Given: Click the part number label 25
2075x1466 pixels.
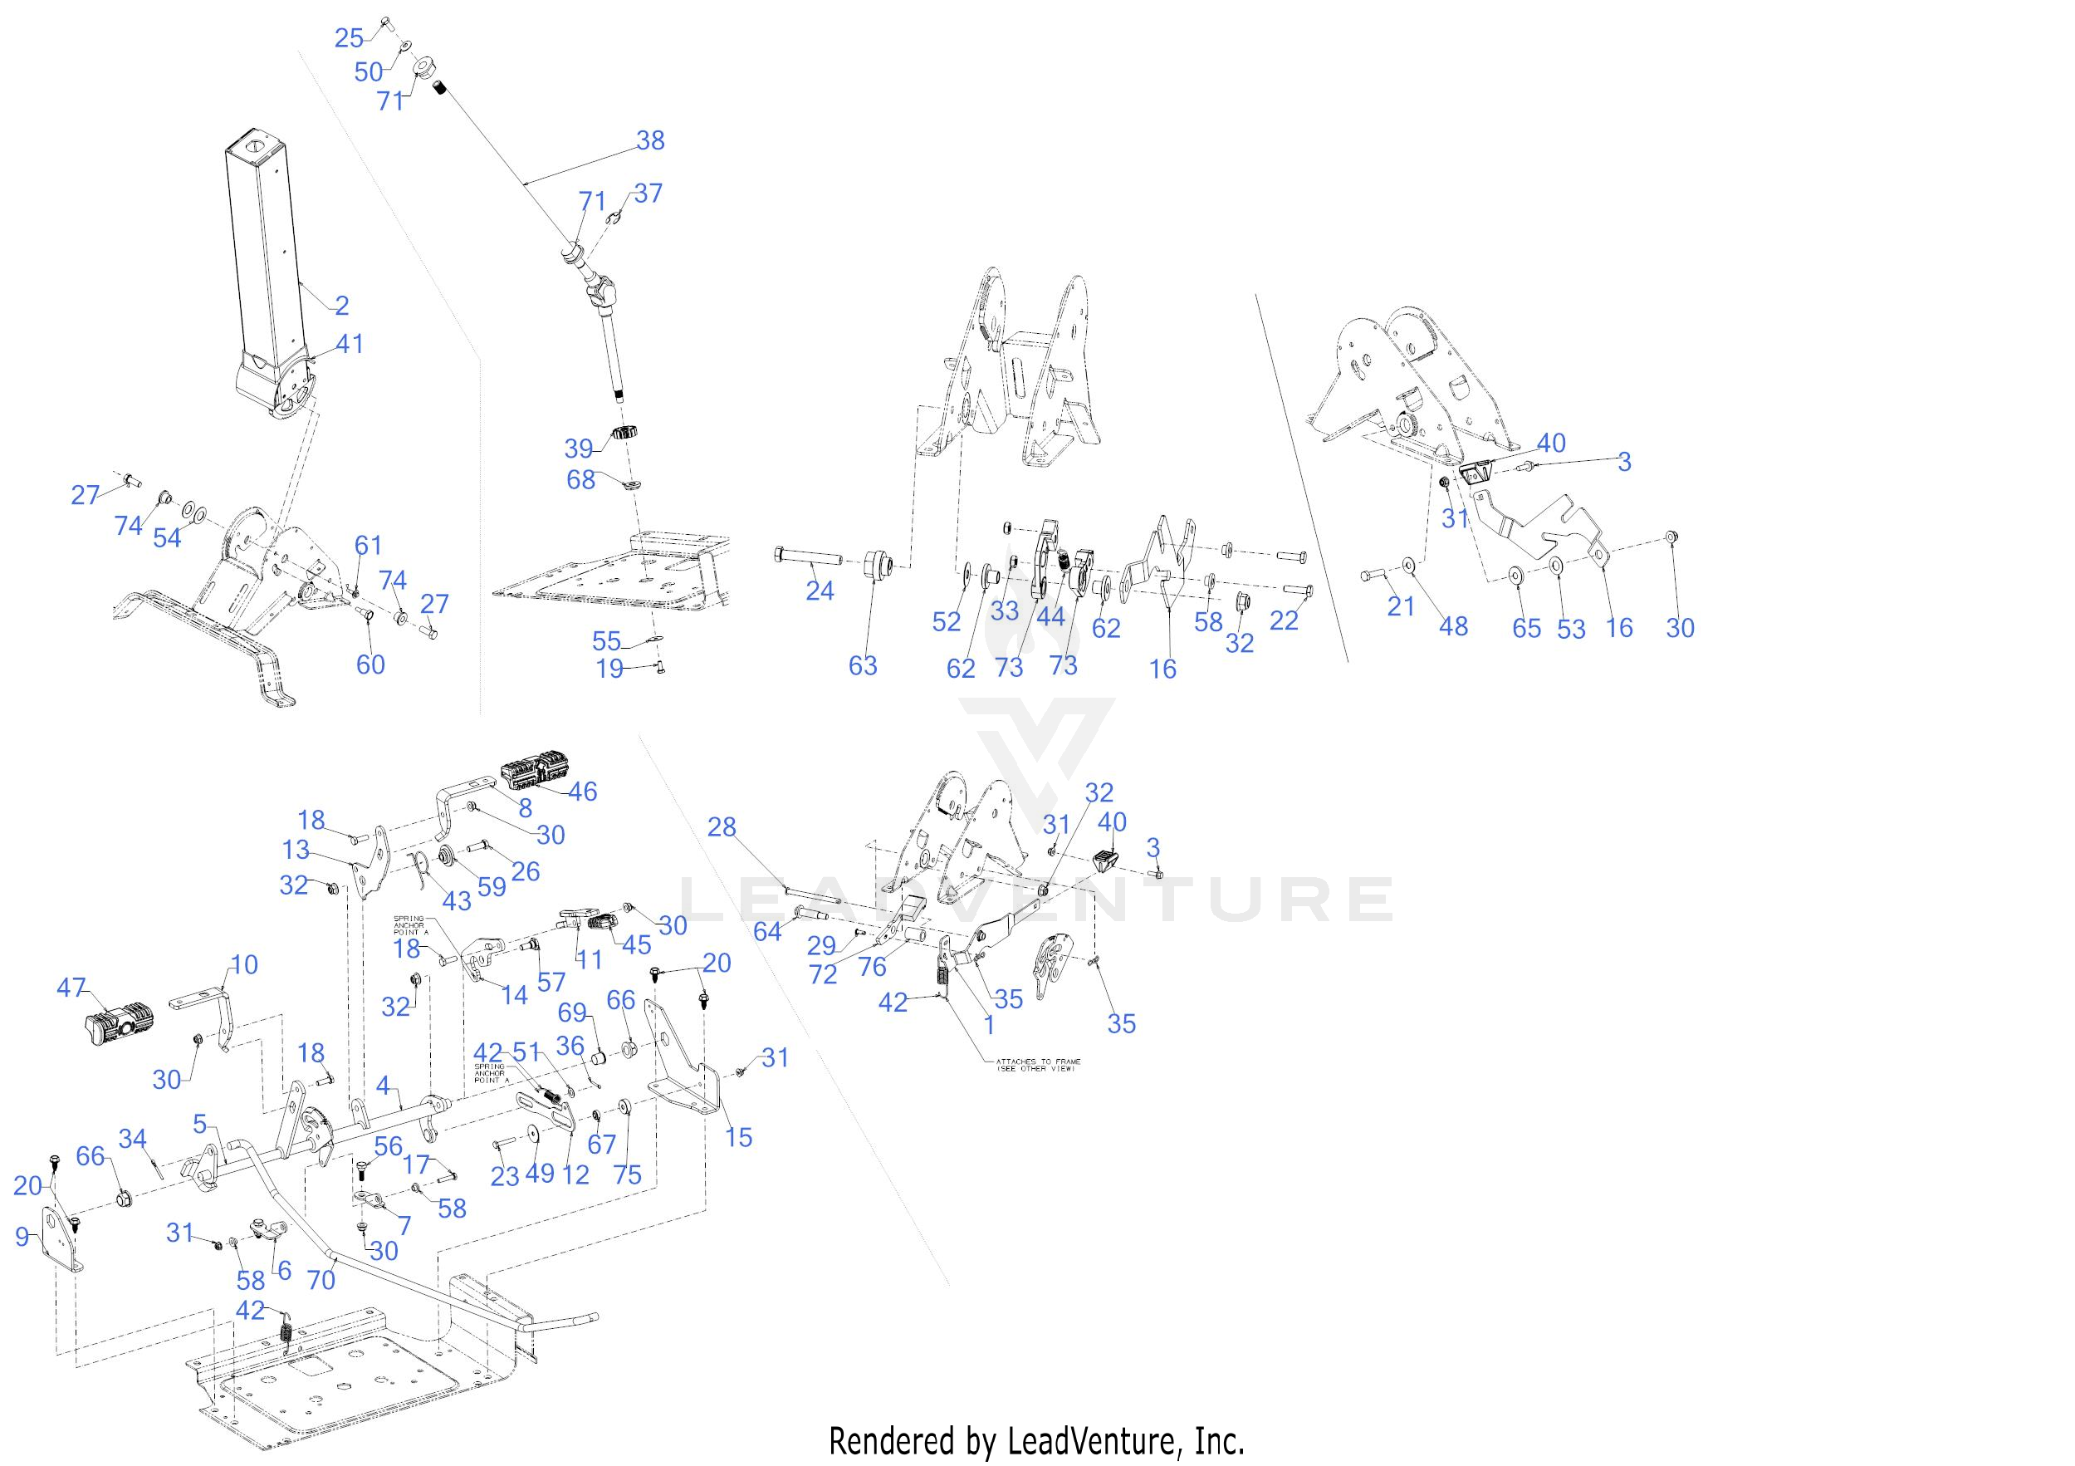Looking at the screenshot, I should [348, 38].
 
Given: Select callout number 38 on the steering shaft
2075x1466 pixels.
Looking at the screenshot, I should [650, 140].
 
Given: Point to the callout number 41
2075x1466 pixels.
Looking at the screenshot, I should [349, 344].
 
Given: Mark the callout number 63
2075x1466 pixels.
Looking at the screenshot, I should [862, 665].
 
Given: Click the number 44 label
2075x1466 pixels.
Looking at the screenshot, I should [1050, 616].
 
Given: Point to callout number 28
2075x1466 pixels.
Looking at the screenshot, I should [722, 826].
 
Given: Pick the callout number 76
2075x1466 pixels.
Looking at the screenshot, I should [871, 966].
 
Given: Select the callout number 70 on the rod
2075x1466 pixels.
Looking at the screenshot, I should [321, 1279].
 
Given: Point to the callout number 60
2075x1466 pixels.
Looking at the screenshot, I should [370, 664].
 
